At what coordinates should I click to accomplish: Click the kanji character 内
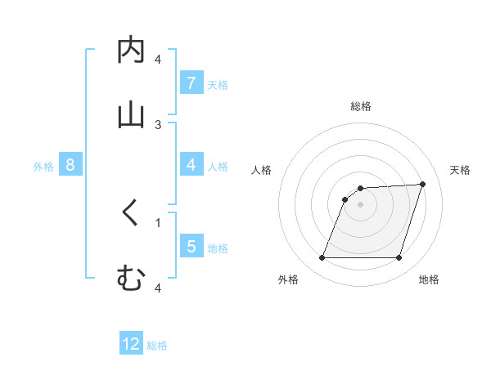click(x=131, y=51)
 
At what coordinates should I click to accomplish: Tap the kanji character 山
click(x=131, y=115)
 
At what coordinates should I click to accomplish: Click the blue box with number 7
click(x=191, y=83)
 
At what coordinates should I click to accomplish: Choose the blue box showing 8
click(x=70, y=165)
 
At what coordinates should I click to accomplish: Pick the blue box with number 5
click(x=191, y=246)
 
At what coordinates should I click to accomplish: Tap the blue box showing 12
click(x=131, y=344)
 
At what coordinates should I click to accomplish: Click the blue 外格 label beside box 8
click(x=43, y=166)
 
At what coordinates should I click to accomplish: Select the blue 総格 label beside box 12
click(x=157, y=345)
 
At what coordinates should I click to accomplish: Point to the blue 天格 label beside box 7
click(x=218, y=83)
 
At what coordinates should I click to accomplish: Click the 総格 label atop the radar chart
click(x=361, y=106)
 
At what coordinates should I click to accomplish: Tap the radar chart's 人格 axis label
click(x=261, y=170)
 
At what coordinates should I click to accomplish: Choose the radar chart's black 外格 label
click(x=288, y=279)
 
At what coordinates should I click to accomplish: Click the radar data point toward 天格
click(x=422, y=184)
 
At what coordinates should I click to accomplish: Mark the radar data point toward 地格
click(x=399, y=258)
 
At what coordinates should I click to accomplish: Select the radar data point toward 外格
click(x=322, y=258)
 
